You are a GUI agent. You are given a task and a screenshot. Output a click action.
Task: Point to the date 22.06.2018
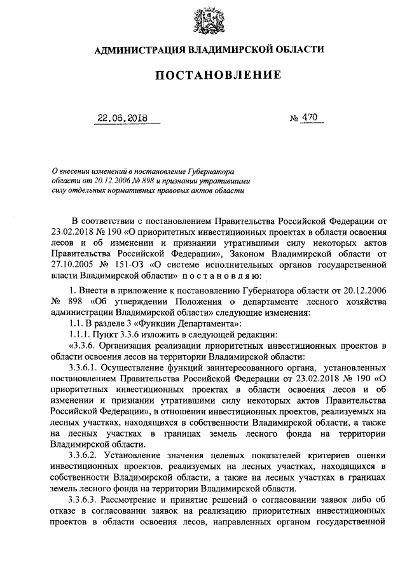[x=120, y=118]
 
